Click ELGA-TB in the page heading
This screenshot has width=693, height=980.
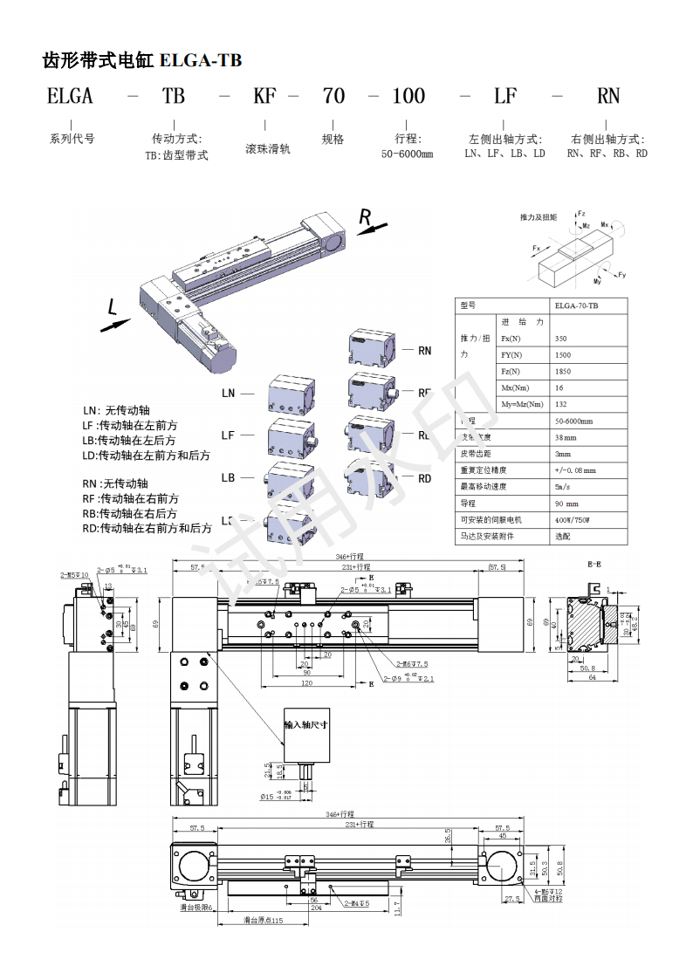click(201, 60)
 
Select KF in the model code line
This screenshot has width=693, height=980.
click(264, 96)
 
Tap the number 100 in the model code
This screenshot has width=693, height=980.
click(408, 96)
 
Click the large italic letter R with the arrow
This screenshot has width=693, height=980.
click(367, 216)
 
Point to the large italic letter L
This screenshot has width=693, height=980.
click(112, 307)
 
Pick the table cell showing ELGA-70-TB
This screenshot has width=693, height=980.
click(577, 305)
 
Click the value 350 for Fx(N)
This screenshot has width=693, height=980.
click(560, 339)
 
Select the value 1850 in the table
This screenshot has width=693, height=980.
click(562, 372)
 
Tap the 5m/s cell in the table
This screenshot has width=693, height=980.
click(562, 487)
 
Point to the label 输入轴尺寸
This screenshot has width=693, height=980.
click(305, 725)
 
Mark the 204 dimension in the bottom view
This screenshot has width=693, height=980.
click(316, 908)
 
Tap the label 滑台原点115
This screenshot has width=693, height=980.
click(264, 921)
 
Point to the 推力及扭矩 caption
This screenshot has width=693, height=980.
click(538, 216)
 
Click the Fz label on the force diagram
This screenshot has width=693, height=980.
click(581, 213)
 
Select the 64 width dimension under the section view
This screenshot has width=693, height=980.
click(591, 676)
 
